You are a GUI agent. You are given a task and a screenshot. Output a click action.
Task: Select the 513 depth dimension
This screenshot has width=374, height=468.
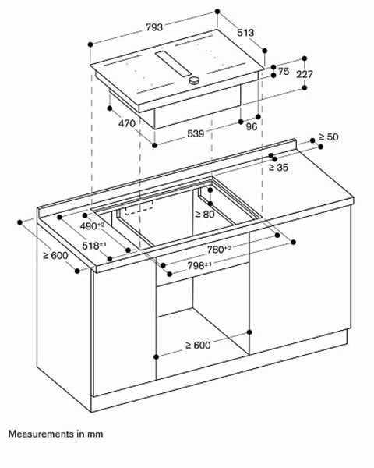[x=247, y=32]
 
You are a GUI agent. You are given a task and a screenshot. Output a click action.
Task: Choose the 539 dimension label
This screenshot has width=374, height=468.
[x=196, y=133]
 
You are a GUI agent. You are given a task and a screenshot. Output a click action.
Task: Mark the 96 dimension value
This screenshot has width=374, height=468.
[x=252, y=126]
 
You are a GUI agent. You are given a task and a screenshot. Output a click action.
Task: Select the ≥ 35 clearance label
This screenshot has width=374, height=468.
[x=278, y=165]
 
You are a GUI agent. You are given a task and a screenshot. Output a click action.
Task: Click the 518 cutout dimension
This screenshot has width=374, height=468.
[x=94, y=245]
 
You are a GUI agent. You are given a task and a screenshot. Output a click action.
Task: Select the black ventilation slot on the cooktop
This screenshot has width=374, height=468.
[x=172, y=62]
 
